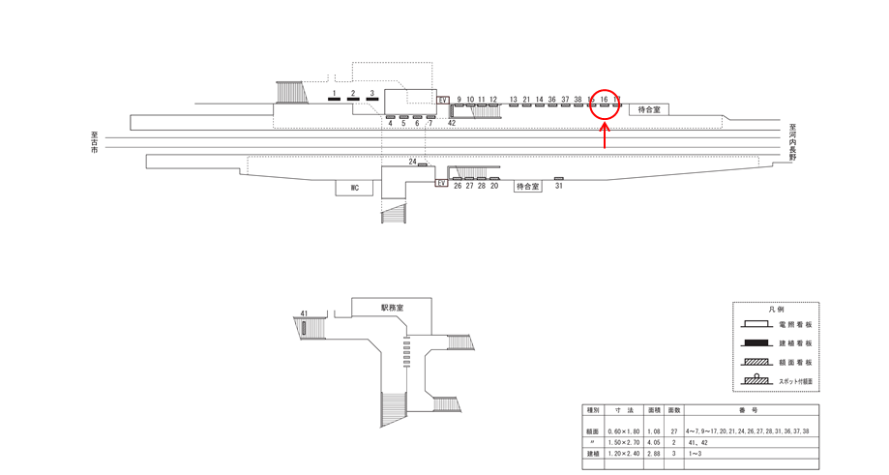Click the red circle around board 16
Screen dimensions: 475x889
(x=604, y=103)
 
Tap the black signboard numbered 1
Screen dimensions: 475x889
(x=334, y=99)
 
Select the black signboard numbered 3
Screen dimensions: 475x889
(x=371, y=99)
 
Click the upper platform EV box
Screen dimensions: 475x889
(x=444, y=100)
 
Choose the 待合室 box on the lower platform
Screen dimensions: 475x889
(x=527, y=185)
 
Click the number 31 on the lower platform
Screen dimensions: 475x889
(x=559, y=187)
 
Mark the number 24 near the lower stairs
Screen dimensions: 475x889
(x=413, y=162)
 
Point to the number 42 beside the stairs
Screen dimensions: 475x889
(x=452, y=123)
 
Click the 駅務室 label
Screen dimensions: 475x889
(x=392, y=307)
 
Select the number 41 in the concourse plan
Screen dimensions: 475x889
(x=304, y=313)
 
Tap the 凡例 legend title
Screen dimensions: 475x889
(x=776, y=310)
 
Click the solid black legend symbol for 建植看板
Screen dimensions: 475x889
(x=760, y=343)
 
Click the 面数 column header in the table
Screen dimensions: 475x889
(x=674, y=410)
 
